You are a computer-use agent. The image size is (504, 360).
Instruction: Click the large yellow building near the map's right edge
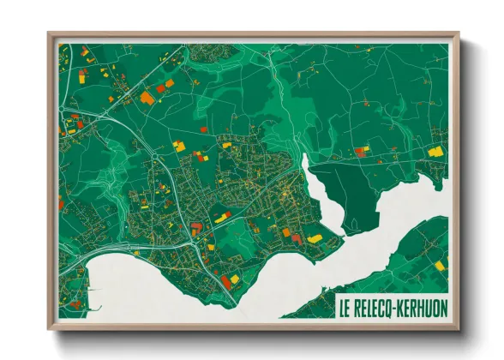click(435, 151)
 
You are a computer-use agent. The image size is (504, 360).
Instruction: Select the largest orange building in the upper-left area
click(147, 98)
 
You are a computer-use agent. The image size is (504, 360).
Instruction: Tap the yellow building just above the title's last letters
click(441, 266)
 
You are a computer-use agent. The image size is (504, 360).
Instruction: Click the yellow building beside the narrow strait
click(315, 238)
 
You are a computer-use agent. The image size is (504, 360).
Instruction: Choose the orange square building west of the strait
click(287, 231)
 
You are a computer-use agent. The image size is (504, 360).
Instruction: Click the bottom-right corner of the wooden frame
click(458, 327)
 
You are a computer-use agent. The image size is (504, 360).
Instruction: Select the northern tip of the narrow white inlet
click(305, 156)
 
